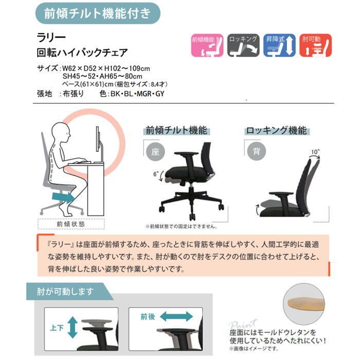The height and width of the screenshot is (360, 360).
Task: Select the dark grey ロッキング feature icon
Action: [243, 45]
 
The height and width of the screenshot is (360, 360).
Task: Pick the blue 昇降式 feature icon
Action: [279, 45]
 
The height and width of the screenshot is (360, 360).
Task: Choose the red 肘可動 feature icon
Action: [315, 45]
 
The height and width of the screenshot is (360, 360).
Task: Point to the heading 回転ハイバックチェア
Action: [82, 53]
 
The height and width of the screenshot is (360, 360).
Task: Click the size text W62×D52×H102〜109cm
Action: [105, 68]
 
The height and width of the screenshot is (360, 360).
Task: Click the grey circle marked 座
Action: [155, 151]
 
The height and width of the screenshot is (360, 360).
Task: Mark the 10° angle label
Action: [315, 152]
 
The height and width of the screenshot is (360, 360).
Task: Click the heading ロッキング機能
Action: [276, 130]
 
